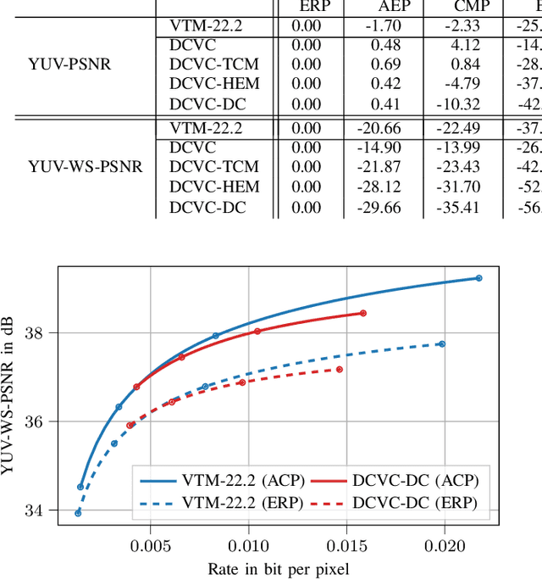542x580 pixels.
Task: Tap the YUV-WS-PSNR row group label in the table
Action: tap(75, 166)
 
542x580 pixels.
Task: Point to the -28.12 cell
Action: tap(383, 187)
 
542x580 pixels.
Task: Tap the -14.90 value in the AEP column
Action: tap(383, 146)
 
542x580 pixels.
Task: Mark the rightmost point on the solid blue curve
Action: tap(478, 278)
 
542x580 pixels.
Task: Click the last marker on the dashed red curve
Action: tap(340, 370)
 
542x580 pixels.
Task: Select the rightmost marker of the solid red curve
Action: tap(363, 313)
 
